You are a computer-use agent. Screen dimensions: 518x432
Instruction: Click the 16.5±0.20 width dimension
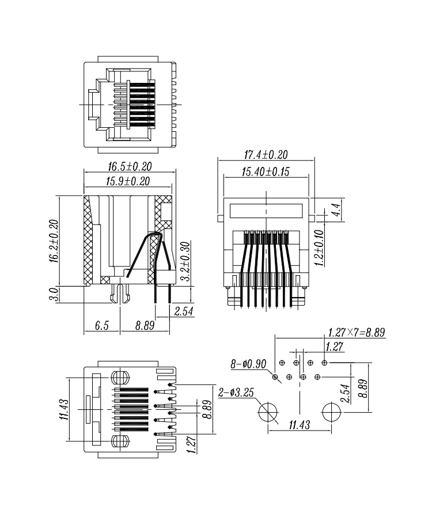point(130,166)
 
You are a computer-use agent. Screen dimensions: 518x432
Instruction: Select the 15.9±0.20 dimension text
point(128,181)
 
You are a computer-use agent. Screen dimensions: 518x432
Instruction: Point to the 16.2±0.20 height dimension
point(54,241)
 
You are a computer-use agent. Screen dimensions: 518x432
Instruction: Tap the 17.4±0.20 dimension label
point(266,155)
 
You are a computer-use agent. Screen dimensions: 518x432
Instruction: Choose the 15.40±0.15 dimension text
point(266,172)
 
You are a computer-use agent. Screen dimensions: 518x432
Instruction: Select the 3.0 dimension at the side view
point(53,294)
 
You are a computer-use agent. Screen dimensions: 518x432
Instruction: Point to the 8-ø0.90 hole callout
point(248,364)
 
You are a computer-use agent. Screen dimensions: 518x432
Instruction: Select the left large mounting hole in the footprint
point(268,412)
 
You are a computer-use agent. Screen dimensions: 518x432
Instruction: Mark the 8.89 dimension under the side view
point(145,326)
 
